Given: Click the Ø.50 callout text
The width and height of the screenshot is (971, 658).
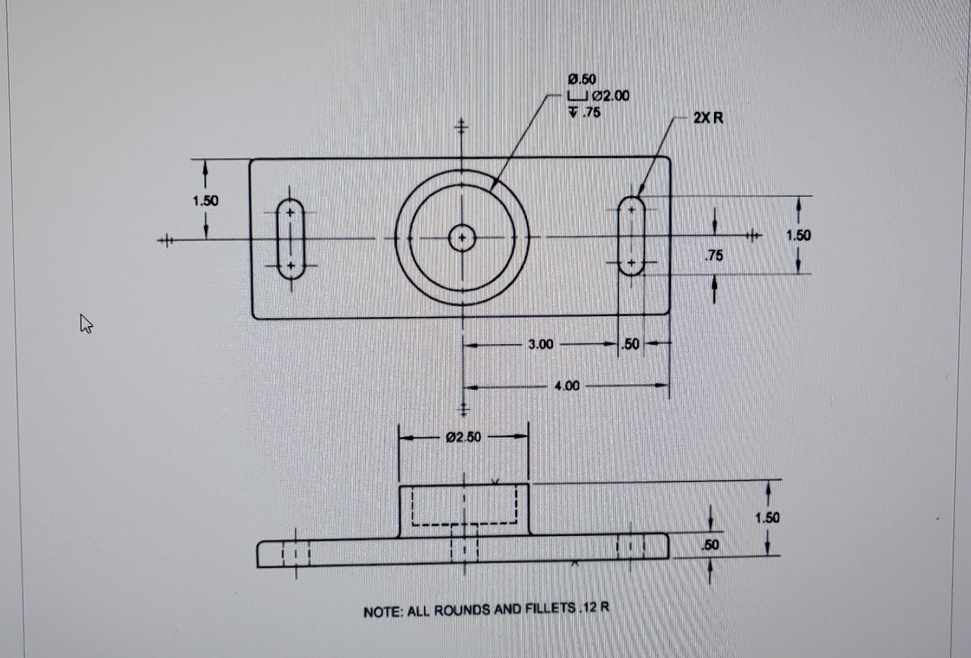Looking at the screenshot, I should [582, 79].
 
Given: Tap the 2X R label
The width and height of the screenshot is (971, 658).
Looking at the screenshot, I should [708, 118].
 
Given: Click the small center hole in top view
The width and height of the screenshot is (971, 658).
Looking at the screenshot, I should [462, 238].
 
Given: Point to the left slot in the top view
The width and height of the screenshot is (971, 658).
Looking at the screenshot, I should [291, 239].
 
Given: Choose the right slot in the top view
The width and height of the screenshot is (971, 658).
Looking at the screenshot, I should [632, 236].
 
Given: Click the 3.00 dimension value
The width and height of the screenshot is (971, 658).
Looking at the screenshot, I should [541, 344].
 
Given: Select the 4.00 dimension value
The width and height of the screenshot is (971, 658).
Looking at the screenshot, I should [567, 386].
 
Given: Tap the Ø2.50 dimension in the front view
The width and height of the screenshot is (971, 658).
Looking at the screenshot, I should [463, 437].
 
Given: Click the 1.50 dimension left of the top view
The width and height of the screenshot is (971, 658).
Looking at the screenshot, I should [205, 200].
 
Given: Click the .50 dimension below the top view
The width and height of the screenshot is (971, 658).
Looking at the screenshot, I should [631, 344].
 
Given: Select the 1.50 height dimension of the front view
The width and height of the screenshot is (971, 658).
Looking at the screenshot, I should [767, 518].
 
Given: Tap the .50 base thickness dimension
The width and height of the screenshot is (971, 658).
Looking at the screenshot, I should [710, 545].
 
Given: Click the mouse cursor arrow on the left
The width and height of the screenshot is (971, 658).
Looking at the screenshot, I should [86, 323].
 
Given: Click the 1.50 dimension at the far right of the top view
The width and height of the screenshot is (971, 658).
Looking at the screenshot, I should [798, 235].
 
